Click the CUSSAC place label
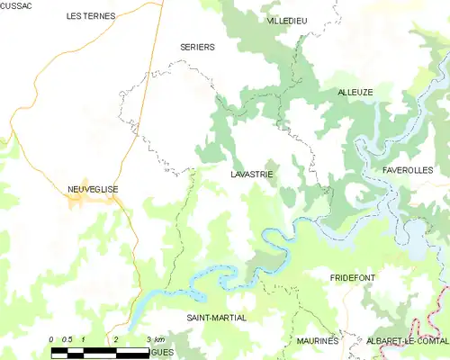click(x=16, y=6)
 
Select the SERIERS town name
click(x=197, y=47)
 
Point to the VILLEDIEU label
click(x=287, y=20)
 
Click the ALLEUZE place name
click(x=355, y=92)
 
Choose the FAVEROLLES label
click(x=408, y=169)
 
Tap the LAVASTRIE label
click(x=251, y=173)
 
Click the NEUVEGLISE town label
click(x=93, y=188)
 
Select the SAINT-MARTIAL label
click(x=216, y=318)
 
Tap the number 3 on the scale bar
click(x=148, y=338)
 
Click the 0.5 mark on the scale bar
click(x=67, y=338)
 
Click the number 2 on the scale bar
click(x=116, y=338)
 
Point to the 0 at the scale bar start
click(x=52, y=338)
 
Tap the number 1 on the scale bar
click(x=84, y=338)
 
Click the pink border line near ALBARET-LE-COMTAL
click(x=443, y=315)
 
